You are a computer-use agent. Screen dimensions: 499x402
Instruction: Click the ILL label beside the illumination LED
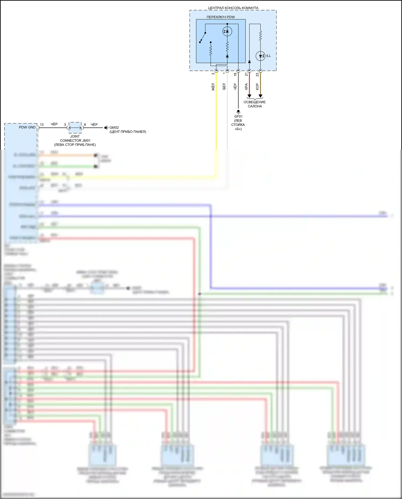coord(268,56)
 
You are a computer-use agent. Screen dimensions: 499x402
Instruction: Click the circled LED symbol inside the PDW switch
coord(227,31)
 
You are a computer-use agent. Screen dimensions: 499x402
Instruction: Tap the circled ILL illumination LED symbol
coord(260,56)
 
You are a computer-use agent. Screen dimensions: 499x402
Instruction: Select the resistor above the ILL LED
coord(260,35)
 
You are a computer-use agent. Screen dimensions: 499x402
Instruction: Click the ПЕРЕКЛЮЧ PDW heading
coord(221,17)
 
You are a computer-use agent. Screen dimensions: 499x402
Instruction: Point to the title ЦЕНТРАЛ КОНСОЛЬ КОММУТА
coord(233,8)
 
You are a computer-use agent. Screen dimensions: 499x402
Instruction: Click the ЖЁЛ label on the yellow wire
coord(213,87)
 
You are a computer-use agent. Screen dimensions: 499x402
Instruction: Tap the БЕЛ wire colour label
coord(224,86)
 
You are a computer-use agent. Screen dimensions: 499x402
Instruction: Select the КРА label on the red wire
coord(246,87)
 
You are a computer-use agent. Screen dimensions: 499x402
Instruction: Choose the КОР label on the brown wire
coord(257,87)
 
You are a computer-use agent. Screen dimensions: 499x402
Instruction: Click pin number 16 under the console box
coord(235,75)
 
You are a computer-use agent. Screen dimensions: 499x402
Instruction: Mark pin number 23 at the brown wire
coord(257,75)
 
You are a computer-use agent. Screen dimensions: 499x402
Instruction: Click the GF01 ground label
coord(238,116)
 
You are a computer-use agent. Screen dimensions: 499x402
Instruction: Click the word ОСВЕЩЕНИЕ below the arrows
coord(255,102)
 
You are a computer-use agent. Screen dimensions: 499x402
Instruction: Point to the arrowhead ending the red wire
coord(249,96)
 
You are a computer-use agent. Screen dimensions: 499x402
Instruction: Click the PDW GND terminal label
coord(27,127)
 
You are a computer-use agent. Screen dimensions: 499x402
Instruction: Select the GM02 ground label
coord(114,128)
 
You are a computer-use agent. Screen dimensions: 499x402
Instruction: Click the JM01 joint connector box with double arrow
coord(75,128)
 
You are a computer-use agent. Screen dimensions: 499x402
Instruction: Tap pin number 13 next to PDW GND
coord(42,125)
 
